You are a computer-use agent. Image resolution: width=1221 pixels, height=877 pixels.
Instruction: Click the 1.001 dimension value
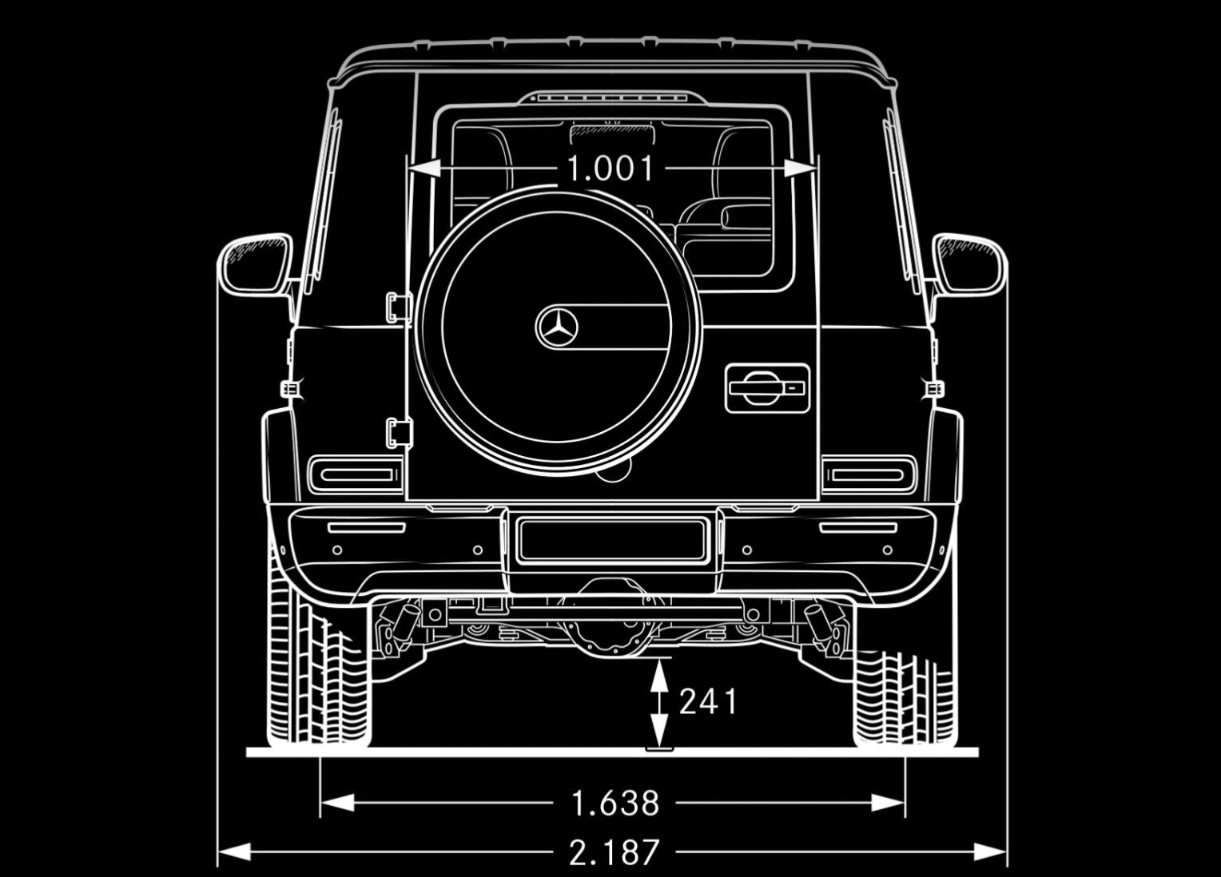coord(610,169)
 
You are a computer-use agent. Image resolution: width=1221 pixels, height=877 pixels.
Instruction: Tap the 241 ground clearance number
coord(708,701)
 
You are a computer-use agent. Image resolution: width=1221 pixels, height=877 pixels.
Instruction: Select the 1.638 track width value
coord(614,803)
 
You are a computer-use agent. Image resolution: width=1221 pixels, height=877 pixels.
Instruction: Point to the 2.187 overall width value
coord(614,852)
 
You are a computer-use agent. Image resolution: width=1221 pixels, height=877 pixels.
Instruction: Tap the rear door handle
coord(767,388)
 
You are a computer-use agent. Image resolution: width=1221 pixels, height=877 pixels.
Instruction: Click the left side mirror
coord(255,265)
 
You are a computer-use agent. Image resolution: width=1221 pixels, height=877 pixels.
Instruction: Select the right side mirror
coord(969,265)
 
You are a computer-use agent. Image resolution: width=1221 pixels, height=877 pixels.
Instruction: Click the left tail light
coord(356,474)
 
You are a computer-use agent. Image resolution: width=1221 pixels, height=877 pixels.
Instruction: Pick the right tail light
coord(869,474)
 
